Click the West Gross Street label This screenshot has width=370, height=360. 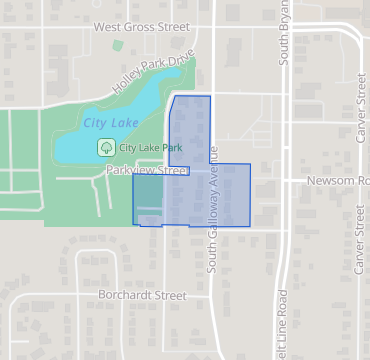141,28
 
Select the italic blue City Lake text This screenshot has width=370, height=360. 111,122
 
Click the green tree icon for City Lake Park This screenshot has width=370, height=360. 105,147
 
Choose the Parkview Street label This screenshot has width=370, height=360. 147,171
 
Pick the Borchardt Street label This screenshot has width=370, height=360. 142,296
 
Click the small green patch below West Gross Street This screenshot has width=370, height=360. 118,45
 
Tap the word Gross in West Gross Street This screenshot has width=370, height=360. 142,28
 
